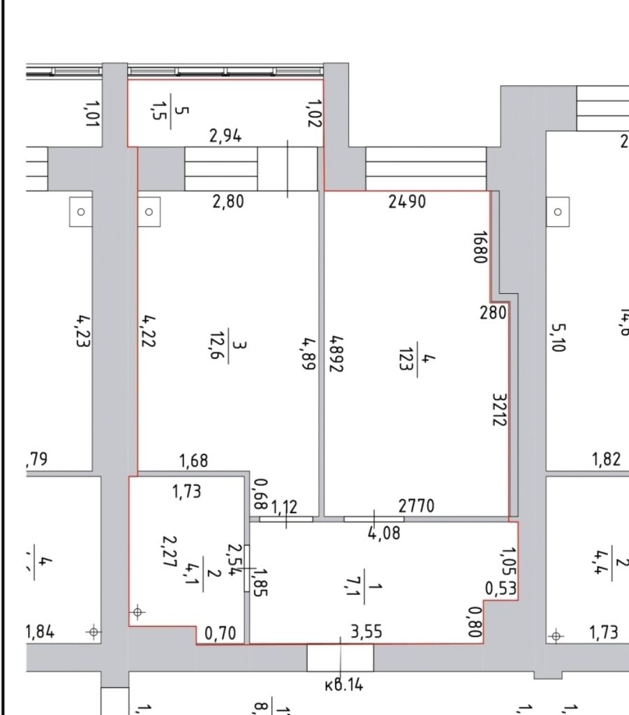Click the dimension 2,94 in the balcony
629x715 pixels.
point(225,136)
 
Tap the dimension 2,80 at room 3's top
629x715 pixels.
point(227,202)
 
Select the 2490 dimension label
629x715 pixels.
point(407,202)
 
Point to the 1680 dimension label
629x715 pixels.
point(478,247)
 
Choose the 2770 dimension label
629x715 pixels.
point(416,506)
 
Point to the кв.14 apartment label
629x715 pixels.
point(344,685)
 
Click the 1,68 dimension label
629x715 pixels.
point(194,461)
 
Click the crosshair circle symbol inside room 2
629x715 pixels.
point(138,613)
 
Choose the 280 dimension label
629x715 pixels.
point(493,312)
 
